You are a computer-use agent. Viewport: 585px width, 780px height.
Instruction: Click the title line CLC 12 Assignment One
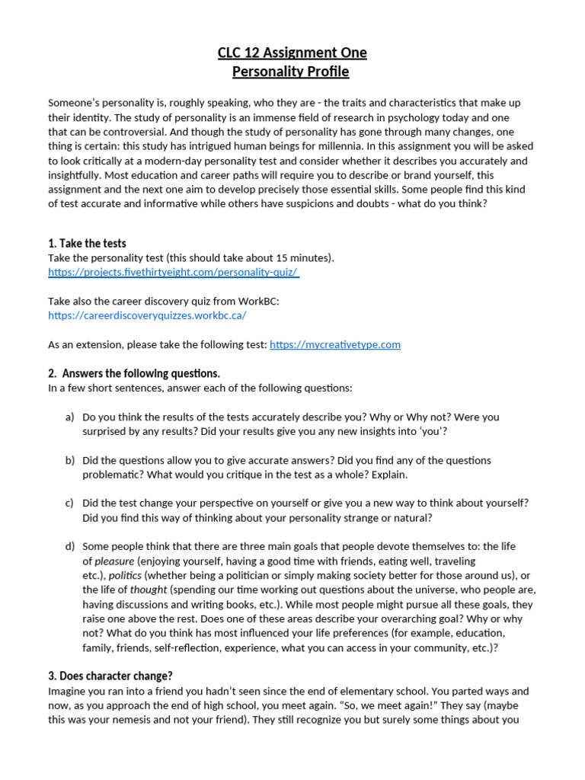click(292, 53)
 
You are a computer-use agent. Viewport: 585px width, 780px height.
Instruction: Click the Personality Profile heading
click(291, 72)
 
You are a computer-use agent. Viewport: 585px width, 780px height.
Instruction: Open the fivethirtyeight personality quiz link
click(173, 272)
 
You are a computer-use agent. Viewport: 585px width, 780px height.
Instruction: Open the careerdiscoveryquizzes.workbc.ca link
click(147, 315)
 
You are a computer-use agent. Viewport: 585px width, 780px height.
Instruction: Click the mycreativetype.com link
click(335, 344)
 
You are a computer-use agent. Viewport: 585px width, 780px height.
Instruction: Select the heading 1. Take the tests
click(87, 244)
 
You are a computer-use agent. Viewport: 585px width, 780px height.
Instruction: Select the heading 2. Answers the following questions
click(134, 373)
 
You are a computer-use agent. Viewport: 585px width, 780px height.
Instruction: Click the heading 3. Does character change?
click(110, 676)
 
